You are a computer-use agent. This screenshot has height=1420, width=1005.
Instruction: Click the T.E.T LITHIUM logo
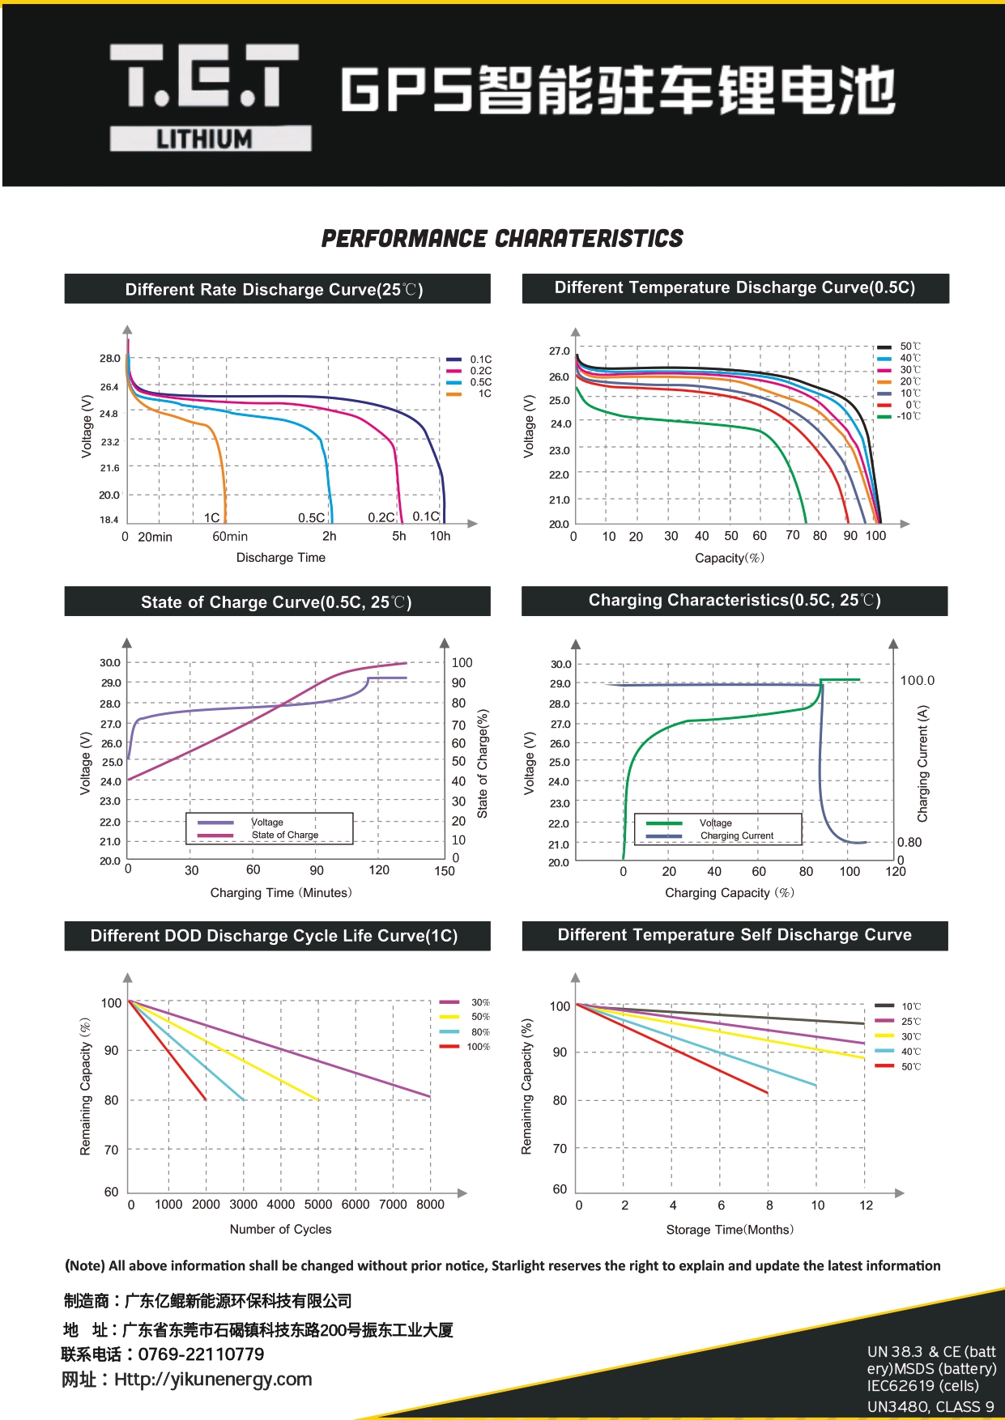coord(210,97)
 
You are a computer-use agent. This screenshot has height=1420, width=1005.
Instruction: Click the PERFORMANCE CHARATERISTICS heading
coord(502,239)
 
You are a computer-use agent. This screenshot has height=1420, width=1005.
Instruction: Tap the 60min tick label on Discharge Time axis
coord(230,537)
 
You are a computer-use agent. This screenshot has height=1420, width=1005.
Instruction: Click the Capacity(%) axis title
coord(729,558)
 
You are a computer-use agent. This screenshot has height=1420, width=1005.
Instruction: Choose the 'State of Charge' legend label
coord(284,835)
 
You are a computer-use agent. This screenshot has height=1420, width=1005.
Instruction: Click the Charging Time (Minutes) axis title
coord(281,893)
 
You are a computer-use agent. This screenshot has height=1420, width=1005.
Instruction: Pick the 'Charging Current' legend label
coord(737,835)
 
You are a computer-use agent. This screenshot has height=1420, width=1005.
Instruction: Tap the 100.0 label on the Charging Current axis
coord(917,681)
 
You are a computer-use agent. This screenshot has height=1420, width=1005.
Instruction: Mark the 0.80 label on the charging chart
coord(909,842)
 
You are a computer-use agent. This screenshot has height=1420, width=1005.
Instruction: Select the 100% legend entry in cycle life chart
coord(478,1047)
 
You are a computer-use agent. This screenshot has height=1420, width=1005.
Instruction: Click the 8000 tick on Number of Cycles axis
coord(430,1205)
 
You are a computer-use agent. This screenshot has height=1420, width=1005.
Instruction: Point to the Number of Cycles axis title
coord(280,1229)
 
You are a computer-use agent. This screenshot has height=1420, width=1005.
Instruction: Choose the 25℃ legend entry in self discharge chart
coord(911,1022)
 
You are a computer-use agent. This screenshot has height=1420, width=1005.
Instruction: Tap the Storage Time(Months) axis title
coord(730,1230)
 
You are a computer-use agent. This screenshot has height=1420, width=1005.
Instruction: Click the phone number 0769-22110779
coord(201,1354)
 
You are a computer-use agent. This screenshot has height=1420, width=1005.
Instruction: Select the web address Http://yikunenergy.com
coord(213,1380)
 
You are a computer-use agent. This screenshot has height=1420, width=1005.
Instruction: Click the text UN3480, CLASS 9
coord(930,1407)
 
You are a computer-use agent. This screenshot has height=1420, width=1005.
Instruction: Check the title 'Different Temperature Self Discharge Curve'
coord(735,935)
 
